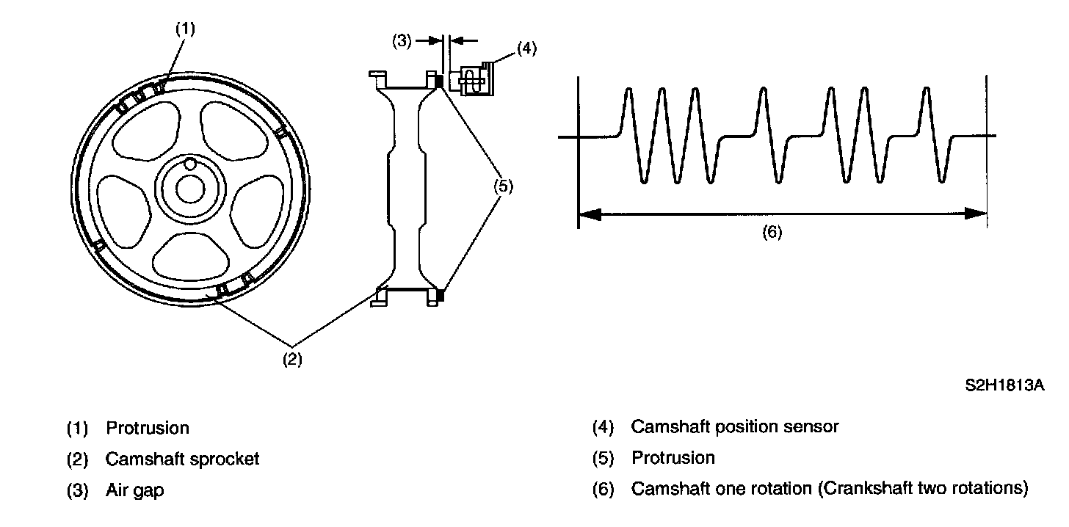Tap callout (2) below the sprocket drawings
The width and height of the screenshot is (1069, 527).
coord(292,360)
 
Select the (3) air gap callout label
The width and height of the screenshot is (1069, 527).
coord(401,41)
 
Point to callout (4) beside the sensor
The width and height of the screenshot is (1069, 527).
coord(526,49)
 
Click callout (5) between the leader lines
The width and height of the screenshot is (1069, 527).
coord(503,186)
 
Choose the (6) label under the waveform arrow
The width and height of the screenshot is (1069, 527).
coord(772,233)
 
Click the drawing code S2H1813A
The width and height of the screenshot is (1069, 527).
coord(1004,385)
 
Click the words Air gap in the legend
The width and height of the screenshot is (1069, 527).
coord(135,490)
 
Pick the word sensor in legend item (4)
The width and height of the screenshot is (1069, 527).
coord(813,426)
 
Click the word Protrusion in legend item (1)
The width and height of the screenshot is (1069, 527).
coord(148,428)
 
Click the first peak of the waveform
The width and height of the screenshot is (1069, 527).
coord(628,90)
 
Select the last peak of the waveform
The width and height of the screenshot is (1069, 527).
coord(925,90)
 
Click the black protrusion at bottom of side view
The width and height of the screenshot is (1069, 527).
coord(440,296)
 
